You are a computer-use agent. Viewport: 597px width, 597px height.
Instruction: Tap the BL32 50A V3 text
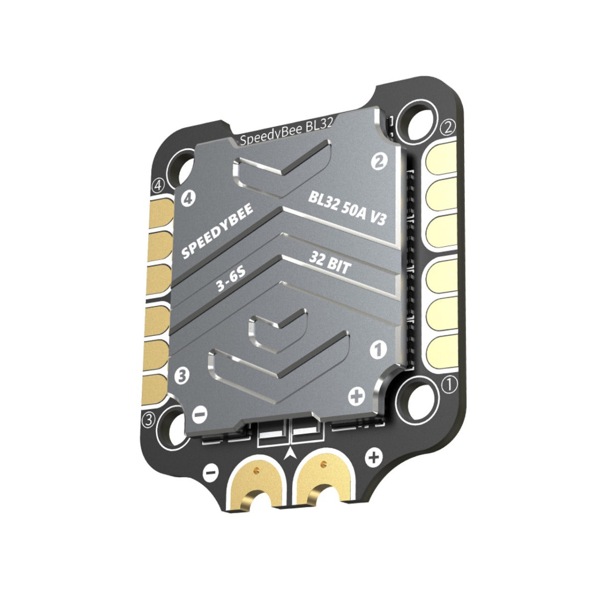(x=347, y=208)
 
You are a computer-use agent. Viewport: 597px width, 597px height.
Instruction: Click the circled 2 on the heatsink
(x=379, y=160)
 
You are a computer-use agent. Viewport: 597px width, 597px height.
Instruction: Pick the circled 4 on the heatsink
(x=188, y=199)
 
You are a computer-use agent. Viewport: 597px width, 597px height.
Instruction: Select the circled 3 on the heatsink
(x=182, y=375)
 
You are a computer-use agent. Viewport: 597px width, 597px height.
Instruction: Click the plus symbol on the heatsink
(x=357, y=396)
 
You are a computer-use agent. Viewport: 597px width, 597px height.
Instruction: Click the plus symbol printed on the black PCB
(x=374, y=456)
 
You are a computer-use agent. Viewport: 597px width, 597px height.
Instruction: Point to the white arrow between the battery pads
(x=290, y=452)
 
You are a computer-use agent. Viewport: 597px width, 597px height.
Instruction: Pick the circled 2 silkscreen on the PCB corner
(x=448, y=127)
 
